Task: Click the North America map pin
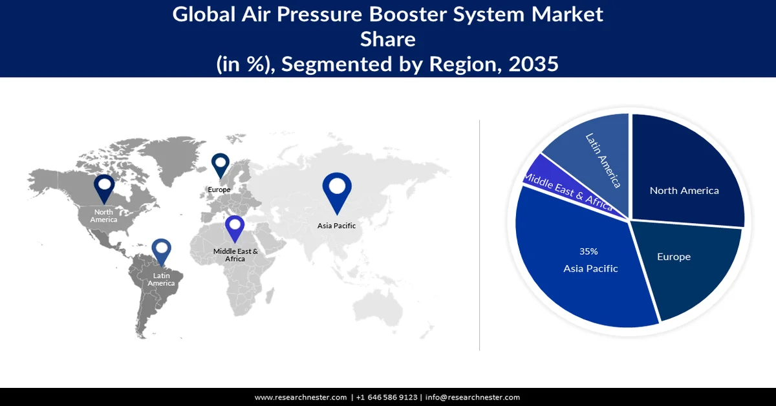click(104, 188)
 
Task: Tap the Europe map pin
click(221, 165)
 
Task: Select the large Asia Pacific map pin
click(336, 190)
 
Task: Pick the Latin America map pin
click(161, 252)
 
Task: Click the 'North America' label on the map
click(104, 216)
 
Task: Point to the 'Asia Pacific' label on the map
click(336, 226)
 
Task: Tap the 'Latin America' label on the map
click(161, 280)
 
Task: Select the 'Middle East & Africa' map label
click(235, 255)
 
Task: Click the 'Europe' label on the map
click(219, 189)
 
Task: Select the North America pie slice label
click(684, 190)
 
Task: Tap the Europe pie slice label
click(674, 257)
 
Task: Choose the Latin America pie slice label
click(603, 160)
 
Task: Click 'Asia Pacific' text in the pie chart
click(590, 268)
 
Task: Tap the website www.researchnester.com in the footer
click(300, 398)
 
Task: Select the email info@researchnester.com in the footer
click(473, 398)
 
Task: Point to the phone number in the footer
click(387, 398)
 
